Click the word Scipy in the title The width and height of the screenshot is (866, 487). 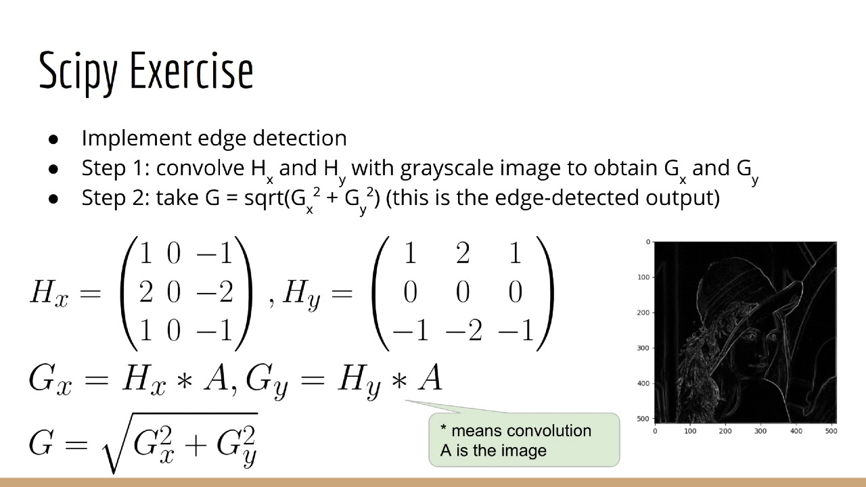pos(77,71)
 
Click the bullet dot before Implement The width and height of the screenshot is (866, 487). pos(54,139)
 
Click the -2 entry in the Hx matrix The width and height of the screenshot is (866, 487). pos(214,292)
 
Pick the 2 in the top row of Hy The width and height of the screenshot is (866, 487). pos(463,254)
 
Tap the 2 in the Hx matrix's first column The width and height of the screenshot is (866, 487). pos(146,292)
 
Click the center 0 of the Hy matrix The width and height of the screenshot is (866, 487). pos(463,292)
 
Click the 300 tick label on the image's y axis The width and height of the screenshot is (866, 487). pos(644,348)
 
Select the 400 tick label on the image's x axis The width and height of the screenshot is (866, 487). pos(796,430)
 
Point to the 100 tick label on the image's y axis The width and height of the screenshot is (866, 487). pos(644,277)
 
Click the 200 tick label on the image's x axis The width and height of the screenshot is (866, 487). pos(725,430)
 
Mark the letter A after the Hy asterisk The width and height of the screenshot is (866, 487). pos(430,379)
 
